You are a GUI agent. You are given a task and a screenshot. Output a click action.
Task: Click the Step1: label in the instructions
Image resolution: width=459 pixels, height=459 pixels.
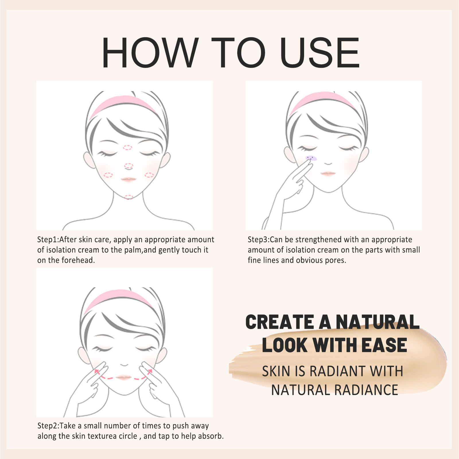pyautogui.click(x=48, y=240)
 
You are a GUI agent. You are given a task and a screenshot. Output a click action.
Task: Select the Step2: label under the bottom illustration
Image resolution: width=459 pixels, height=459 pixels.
pyautogui.click(x=48, y=426)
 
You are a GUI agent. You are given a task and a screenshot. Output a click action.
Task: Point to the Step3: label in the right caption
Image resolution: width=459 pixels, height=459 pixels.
pyautogui.click(x=258, y=240)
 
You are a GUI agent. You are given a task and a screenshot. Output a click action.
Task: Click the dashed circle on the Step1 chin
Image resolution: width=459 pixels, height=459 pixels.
pyautogui.click(x=129, y=197)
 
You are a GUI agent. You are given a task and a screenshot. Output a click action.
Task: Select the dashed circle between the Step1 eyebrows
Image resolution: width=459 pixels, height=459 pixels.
pyautogui.click(x=127, y=147)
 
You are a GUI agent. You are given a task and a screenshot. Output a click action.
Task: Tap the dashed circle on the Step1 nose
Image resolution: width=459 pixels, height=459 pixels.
pyautogui.click(x=129, y=166)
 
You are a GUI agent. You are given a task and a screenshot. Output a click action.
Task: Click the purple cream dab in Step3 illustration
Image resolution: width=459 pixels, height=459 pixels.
pyautogui.click(x=311, y=158)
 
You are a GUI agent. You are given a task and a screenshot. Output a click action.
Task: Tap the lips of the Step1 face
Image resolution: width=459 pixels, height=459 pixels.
pyautogui.click(x=128, y=179)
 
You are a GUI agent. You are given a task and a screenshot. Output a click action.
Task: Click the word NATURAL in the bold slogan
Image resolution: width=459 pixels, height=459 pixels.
pyautogui.click(x=377, y=322)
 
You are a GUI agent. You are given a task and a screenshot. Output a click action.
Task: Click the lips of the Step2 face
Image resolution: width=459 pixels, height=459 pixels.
pyautogui.click(x=124, y=377)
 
